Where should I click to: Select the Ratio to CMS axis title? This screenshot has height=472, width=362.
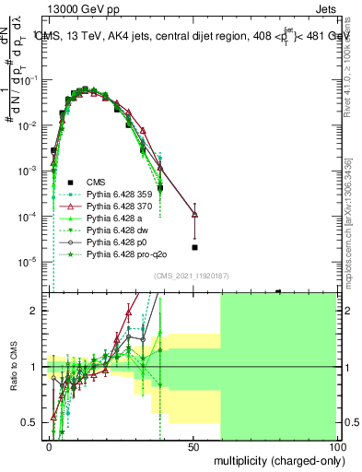click(x=13, y=369)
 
